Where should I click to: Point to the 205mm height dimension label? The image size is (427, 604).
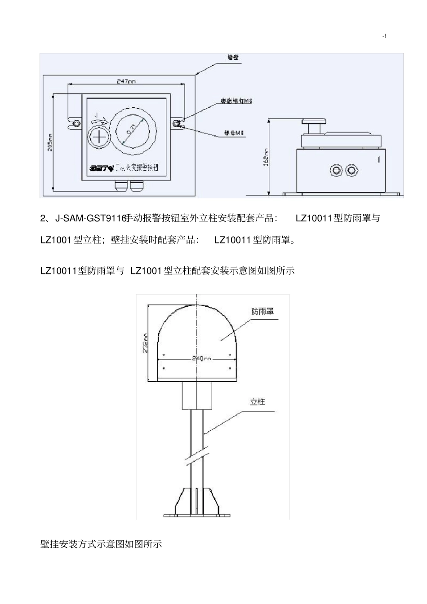click(x=49, y=142)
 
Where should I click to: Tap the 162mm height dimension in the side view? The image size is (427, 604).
click(x=265, y=157)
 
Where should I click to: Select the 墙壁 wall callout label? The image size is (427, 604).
click(x=233, y=58)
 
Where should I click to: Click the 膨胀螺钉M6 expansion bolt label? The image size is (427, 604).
click(x=236, y=101)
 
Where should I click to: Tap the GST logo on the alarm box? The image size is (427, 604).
click(x=99, y=168)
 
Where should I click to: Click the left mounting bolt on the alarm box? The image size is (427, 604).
click(x=76, y=123)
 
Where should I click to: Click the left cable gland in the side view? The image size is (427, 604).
click(x=335, y=170)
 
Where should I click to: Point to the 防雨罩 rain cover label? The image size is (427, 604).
click(x=262, y=311)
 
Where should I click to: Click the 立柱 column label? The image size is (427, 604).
click(x=258, y=401)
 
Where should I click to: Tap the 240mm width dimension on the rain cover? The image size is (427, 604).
click(x=201, y=358)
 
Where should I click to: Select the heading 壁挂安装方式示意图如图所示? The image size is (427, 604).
click(x=101, y=544)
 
